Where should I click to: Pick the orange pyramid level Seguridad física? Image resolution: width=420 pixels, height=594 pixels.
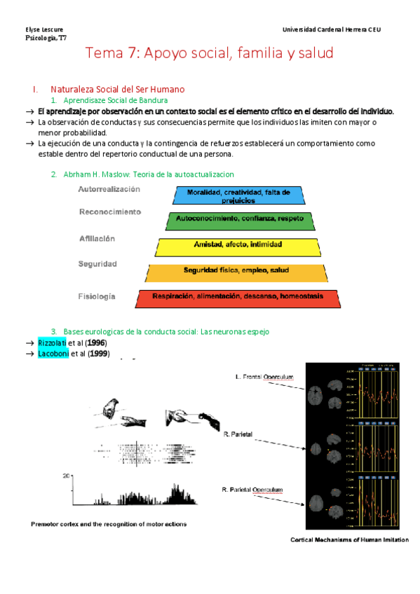(x=236, y=271)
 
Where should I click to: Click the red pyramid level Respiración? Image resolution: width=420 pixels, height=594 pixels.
(x=237, y=297)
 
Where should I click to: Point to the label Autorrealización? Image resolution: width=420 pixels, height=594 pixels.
(x=109, y=189)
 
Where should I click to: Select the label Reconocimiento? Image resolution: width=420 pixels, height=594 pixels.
(x=109, y=212)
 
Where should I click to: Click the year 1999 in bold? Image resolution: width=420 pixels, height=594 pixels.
(x=97, y=353)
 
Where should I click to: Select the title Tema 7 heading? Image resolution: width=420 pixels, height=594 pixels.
(x=210, y=53)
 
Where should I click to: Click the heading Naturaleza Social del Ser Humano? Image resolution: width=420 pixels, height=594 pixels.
(x=117, y=90)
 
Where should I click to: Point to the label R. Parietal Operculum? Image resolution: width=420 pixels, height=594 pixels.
(x=253, y=489)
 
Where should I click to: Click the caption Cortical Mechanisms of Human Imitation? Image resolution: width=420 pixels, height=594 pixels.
(x=349, y=540)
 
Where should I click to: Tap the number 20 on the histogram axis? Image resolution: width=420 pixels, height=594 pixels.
(x=67, y=476)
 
